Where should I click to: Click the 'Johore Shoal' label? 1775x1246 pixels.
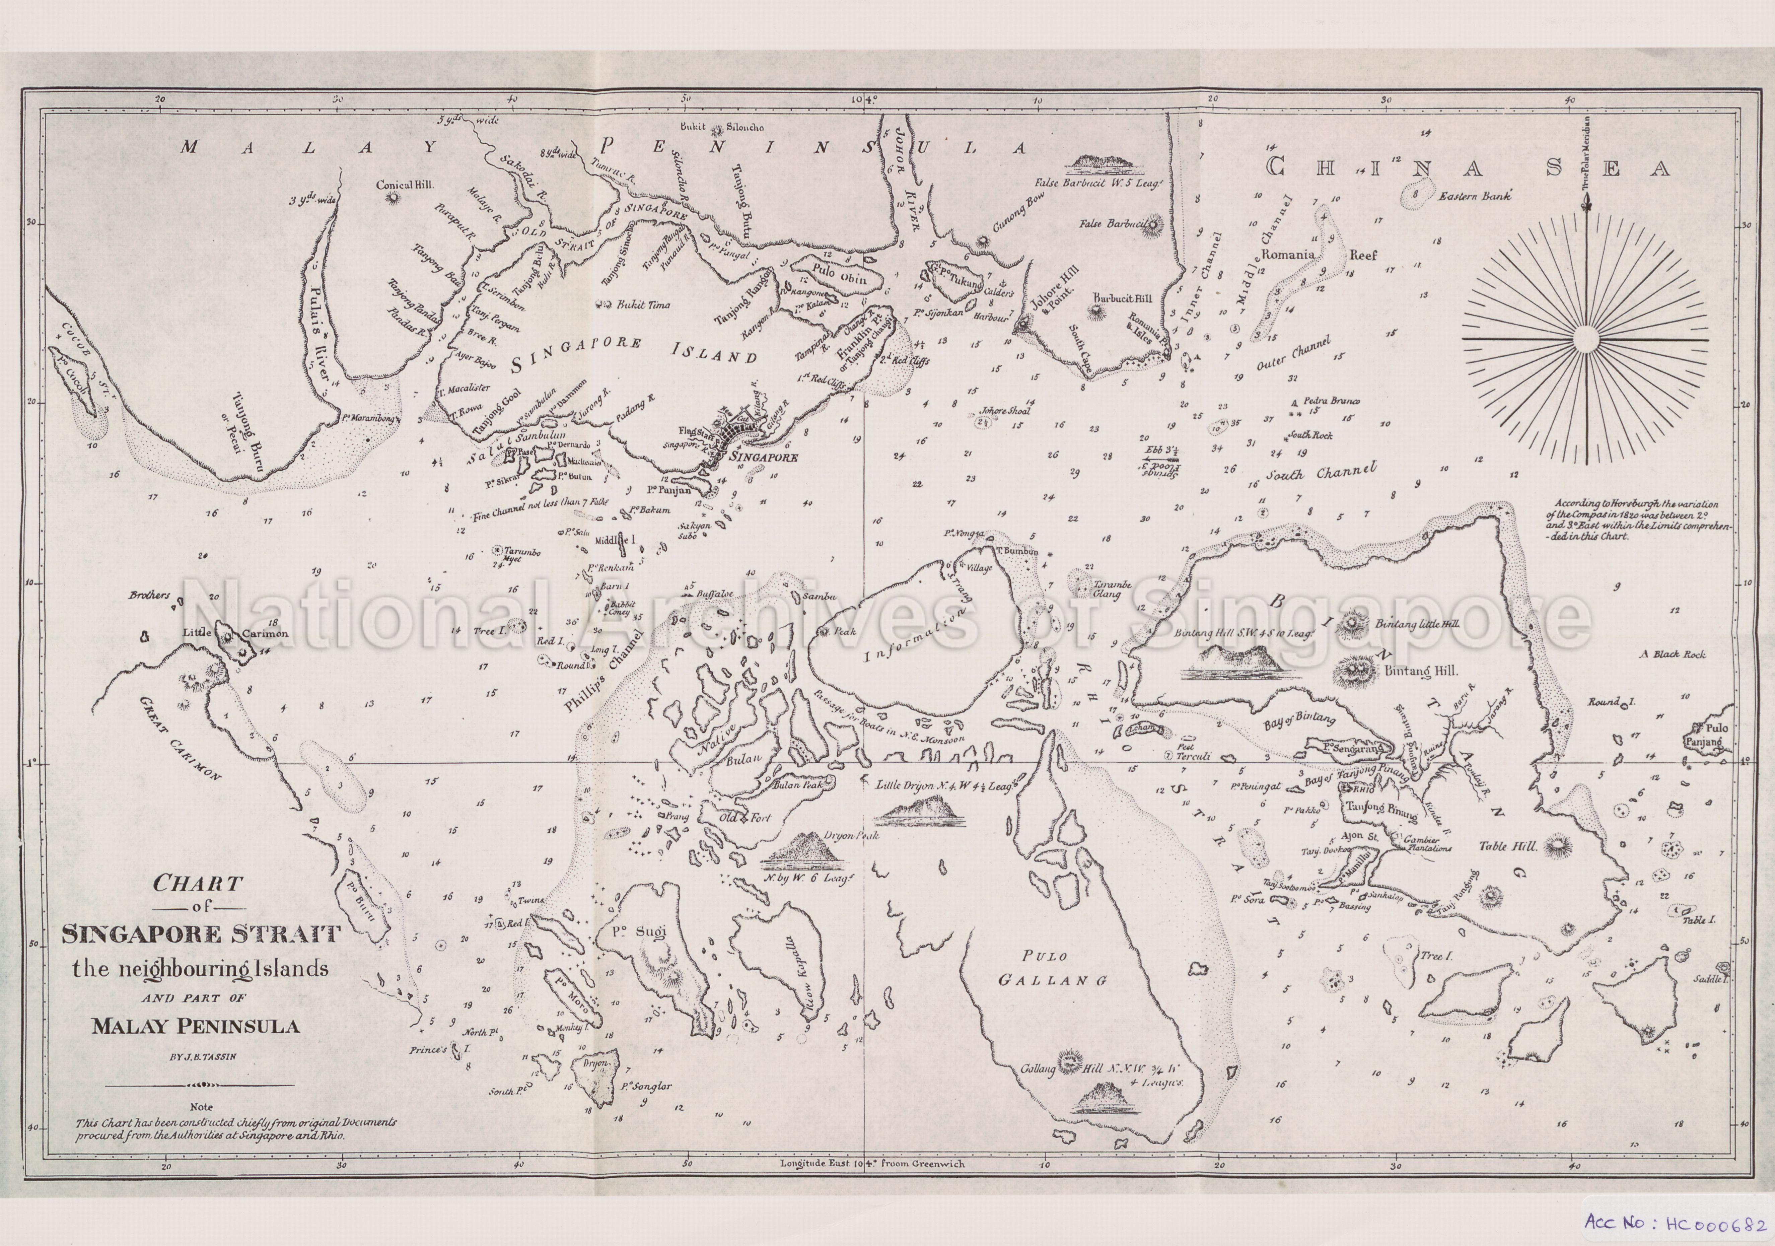[1005, 411]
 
